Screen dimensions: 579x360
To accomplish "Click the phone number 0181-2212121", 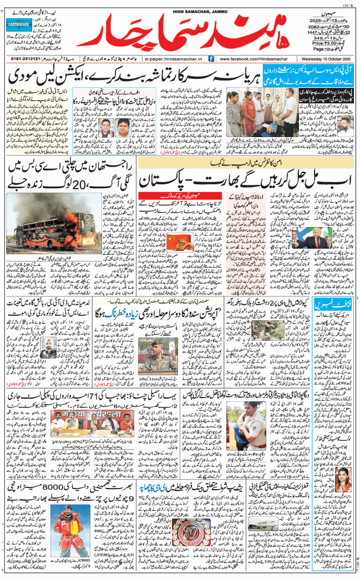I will [x=28, y=58].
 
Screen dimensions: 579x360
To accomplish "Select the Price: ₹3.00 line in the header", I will [x=327, y=42].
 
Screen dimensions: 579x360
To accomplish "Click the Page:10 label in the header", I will [x=328, y=49].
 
